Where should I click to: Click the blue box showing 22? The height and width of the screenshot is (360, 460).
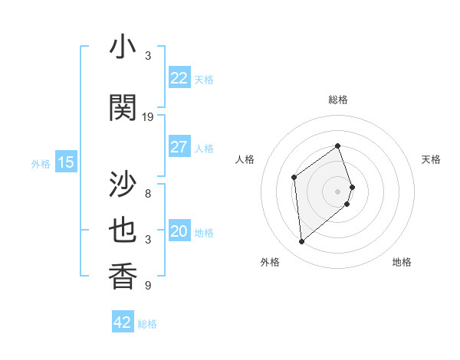pos(179,78)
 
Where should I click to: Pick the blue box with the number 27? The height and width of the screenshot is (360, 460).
pos(179,147)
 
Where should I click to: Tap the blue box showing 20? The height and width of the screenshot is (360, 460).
pos(179,232)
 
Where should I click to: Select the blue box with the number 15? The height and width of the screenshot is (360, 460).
pos(66,162)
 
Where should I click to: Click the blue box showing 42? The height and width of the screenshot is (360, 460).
pos(123,322)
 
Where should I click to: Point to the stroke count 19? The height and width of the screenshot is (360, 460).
pos(148,117)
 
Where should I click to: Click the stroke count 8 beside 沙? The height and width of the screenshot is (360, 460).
pos(148,194)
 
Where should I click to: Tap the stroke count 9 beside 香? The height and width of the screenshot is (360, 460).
pos(148,286)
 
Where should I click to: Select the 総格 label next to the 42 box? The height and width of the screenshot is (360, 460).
pos(147,324)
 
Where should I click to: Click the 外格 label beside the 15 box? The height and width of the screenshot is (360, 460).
pos(41,164)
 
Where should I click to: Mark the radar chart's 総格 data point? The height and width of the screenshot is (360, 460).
pos(337,146)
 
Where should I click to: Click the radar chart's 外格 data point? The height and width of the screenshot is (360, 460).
pos(301,242)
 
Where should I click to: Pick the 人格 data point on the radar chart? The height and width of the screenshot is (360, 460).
pos(294,178)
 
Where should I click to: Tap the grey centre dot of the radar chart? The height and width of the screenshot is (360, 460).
pos(337,191)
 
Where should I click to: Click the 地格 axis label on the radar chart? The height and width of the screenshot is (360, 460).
pos(402,262)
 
